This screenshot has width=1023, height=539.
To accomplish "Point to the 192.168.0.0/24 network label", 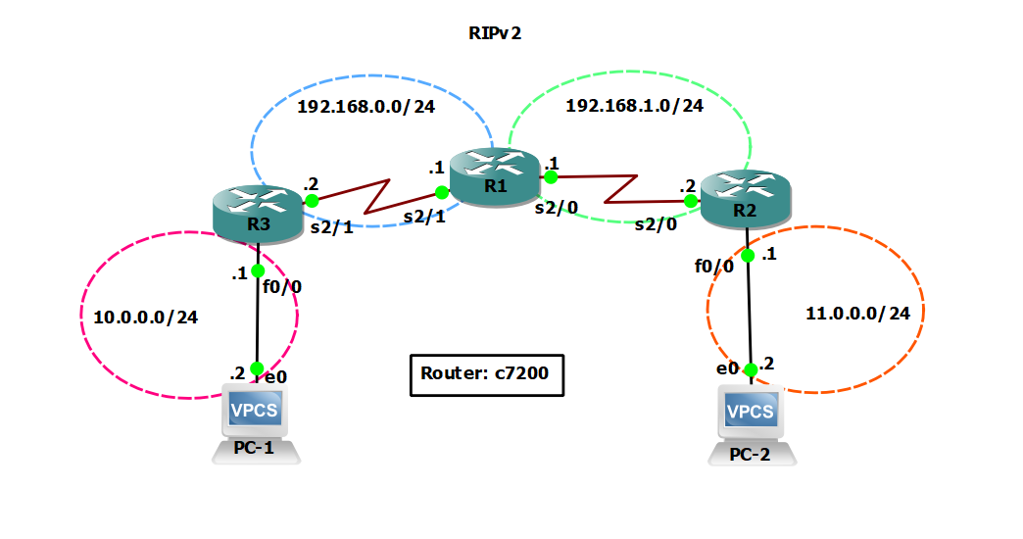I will pyautogui.click(x=365, y=106).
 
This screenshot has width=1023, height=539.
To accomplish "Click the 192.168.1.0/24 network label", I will pyautogui.click(x=634, y=106).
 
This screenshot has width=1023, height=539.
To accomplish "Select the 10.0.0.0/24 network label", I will pyautogui.click(x=146, y=318).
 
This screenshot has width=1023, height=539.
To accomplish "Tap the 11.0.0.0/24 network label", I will pyautogui.click(x=864, y=314).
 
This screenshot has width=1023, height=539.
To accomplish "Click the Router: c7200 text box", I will pyautogui.click(x=486, y=374).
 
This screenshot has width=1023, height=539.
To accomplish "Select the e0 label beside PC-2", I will pyautogui.click(x=726, y=368).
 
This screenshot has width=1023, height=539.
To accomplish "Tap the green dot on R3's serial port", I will pyautogui.click(x=312, y=200).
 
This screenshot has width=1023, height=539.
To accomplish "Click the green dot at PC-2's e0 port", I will pyautogui.click(x=750, y=369).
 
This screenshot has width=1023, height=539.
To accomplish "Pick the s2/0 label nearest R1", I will pyautogui.click(x=555, y=206).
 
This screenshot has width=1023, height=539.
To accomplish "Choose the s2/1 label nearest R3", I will pyautogui.click(x=331, y=227).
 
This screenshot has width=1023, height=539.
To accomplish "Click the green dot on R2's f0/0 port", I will pyautogui.click(x=747, y=256).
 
